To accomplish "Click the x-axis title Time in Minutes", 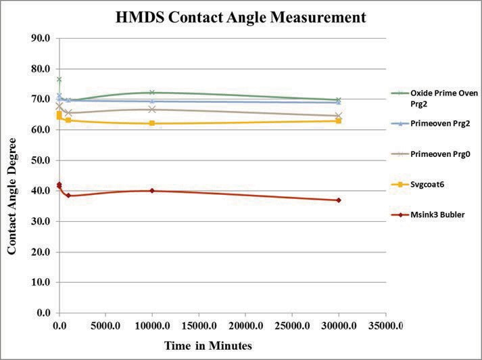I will pos(208,346).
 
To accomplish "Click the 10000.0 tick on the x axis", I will pos(152,326).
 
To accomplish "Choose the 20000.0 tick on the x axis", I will pos(245,326).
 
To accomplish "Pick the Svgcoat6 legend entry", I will pos(431,184).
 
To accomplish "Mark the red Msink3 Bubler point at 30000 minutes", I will pos(338,200).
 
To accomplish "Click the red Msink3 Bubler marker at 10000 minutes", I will pos(152,191).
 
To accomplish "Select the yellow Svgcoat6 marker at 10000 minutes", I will pos(152,123).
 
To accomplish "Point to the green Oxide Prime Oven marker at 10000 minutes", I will pos(152,93).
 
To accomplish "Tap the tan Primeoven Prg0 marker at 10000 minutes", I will pos(152,109).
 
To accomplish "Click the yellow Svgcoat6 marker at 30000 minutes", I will pos(338,120).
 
